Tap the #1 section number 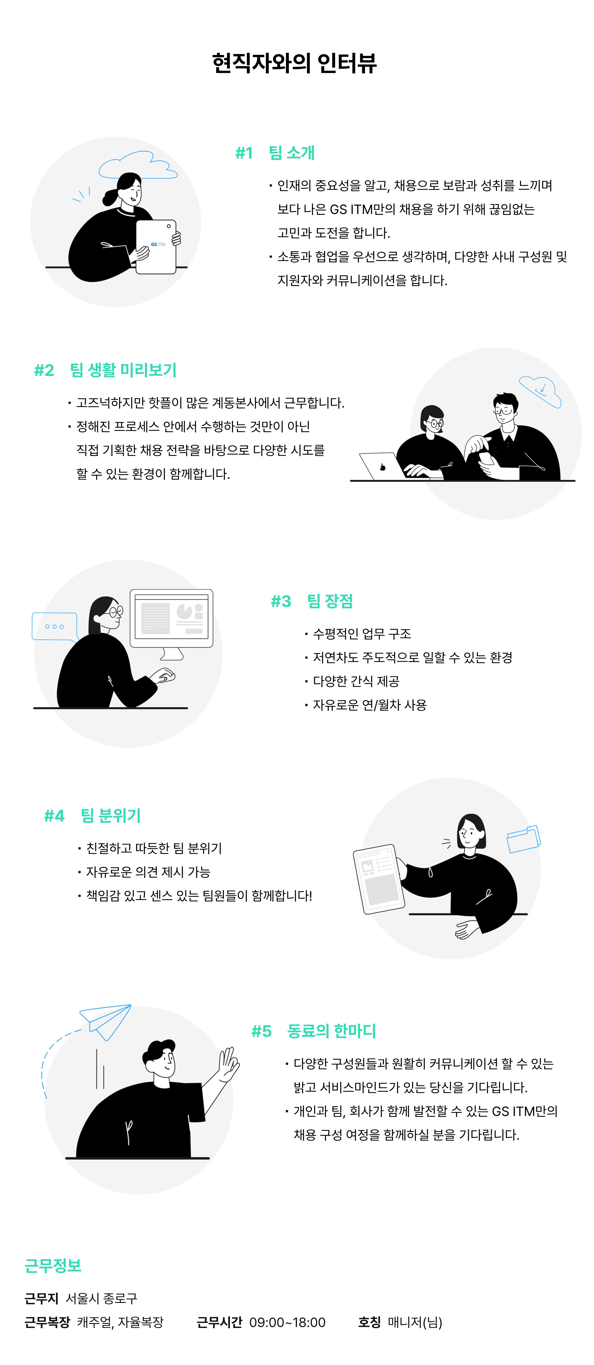244,153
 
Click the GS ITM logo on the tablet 158,244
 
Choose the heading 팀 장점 330,601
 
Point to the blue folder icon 524,839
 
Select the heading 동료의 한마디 331,1031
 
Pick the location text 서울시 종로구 101,1298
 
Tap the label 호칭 370,1322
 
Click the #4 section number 54,815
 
